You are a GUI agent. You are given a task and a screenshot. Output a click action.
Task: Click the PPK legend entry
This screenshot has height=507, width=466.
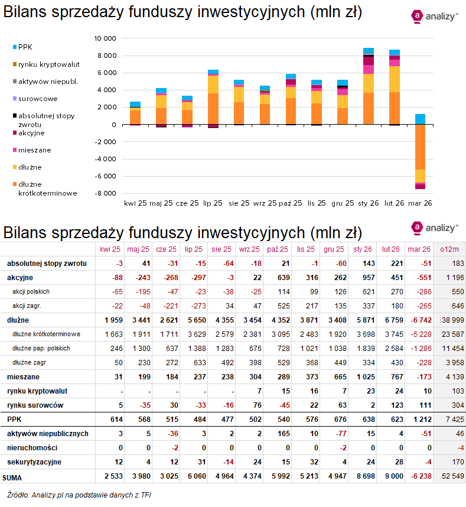25,47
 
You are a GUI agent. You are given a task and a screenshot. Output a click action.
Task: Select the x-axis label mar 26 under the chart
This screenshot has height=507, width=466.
420,203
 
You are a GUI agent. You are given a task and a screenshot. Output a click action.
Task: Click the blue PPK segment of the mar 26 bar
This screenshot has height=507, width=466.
420,119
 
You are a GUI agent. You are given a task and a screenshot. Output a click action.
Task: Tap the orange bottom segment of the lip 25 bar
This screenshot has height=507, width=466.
213,109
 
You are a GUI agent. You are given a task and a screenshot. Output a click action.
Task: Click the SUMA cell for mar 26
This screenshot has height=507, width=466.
419,476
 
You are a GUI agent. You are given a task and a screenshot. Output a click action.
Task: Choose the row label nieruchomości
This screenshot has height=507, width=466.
31,447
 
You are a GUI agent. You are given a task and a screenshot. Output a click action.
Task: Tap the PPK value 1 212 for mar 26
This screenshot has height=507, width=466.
419,419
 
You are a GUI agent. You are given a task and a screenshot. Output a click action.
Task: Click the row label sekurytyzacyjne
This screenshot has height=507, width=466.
34,461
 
